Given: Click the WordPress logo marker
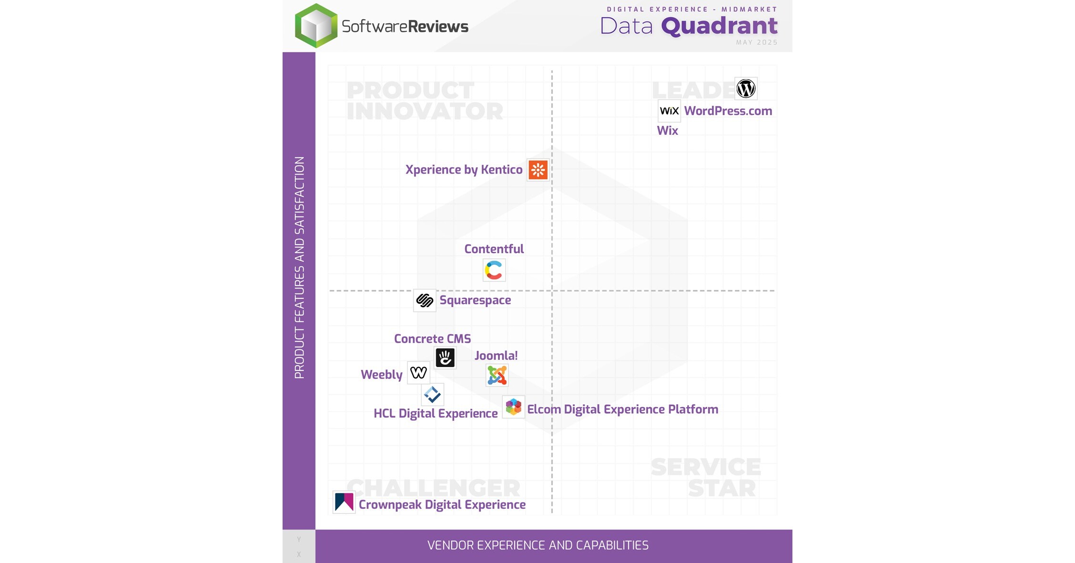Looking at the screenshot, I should [746, 89].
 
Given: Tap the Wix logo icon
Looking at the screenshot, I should [669, 111].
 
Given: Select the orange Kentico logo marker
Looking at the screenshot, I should [538, 170].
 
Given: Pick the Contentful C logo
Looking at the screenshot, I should [494, 270].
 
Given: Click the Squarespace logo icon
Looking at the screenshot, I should [425, 300].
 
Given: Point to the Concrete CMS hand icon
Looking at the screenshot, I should [445, 358].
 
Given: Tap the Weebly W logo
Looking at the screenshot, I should [419, 372].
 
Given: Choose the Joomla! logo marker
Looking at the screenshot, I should [497, 375].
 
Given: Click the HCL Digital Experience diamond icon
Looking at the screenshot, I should [433, 394].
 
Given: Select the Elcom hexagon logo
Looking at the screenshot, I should [513, 407].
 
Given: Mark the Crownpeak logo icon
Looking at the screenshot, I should [344, 502].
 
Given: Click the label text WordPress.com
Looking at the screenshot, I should [728, 111].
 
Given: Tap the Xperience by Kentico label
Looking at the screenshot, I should [464, 170].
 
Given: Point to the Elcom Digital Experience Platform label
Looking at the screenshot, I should [622, 409].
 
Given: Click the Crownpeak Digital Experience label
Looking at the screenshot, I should [442, 505].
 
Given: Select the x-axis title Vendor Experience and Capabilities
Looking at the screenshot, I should [538, 545].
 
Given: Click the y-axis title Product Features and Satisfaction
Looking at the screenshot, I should [299, 267].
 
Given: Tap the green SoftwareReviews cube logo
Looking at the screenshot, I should [316, 26].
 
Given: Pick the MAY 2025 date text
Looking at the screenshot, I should [756, 42].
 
